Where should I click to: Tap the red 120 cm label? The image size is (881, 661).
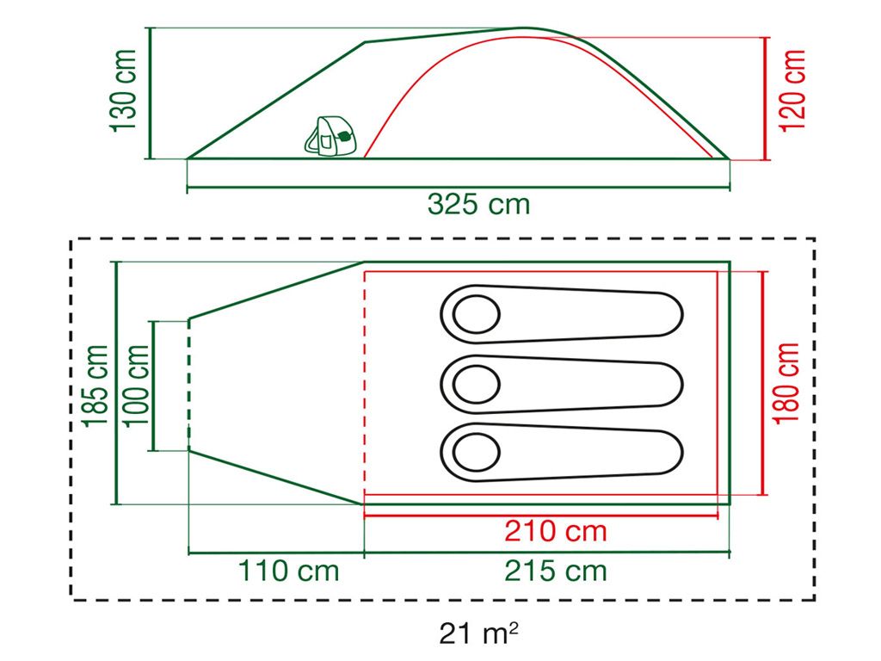tap(792, 90)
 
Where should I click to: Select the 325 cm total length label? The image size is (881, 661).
tap(478, 204)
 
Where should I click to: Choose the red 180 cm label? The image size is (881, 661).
tap(786, 383)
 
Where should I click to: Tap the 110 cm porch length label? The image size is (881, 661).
tap(288, 570)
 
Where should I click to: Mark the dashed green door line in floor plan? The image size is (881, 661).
tap(188, 384)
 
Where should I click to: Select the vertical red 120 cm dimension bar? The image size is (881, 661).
tap(765, 98)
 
